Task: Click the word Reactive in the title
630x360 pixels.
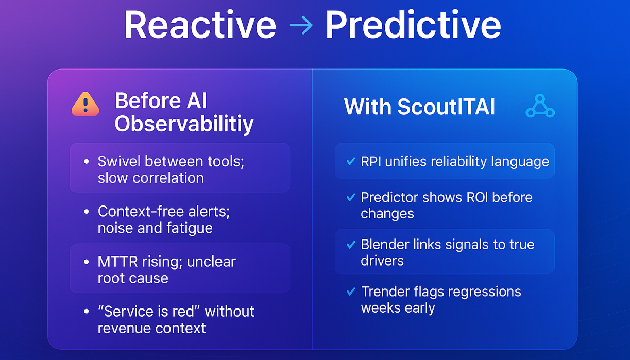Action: pyautogui.click(x=200, y=24)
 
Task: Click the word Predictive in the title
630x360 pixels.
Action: pyautogui.click(x=413, y=24)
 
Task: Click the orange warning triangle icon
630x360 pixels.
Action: pyautogui.click(x=85, y=105)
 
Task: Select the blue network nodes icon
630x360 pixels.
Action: pyautogui.click(x=540, y=107)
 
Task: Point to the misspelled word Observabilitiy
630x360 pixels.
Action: pyautogui.click(x=184, y=124)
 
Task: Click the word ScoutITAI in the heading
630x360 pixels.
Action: pyautogui.click(x=446, y=107)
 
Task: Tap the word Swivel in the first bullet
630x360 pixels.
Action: pyautogui.click(x=120, y=161)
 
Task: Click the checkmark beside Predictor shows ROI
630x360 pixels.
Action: pyautogui.click(x=351, y=197)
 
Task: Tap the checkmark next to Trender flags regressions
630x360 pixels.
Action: pyautogui.click(x=351, y=292)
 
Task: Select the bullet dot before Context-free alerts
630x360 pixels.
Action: pyautogui.click(x=87, y=212)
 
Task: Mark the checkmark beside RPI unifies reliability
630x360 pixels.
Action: pyautogui.click(x=351, y=162)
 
